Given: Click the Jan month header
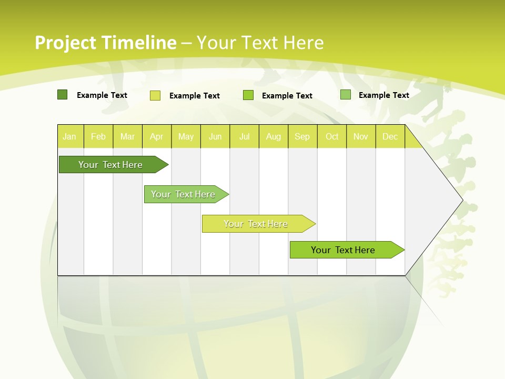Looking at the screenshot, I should (69, 136).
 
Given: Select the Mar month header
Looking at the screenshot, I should (127, 136).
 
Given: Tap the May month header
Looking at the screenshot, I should (186, 136).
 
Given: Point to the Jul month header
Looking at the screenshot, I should (244, 136).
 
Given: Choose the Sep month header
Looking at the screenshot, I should (302, 136).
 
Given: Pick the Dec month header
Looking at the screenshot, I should (390, 136).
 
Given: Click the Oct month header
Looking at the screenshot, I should (332, 136).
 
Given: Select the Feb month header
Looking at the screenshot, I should (98, 136).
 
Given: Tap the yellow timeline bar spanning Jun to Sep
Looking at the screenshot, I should (256, 224).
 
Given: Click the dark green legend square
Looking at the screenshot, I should (62, 95).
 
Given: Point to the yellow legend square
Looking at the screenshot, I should (155, 95).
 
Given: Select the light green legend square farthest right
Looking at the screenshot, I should (346, 95).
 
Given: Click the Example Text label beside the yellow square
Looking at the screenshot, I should (195, 96).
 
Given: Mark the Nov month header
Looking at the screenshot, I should (361, 136).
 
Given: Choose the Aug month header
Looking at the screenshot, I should (273, 136).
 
